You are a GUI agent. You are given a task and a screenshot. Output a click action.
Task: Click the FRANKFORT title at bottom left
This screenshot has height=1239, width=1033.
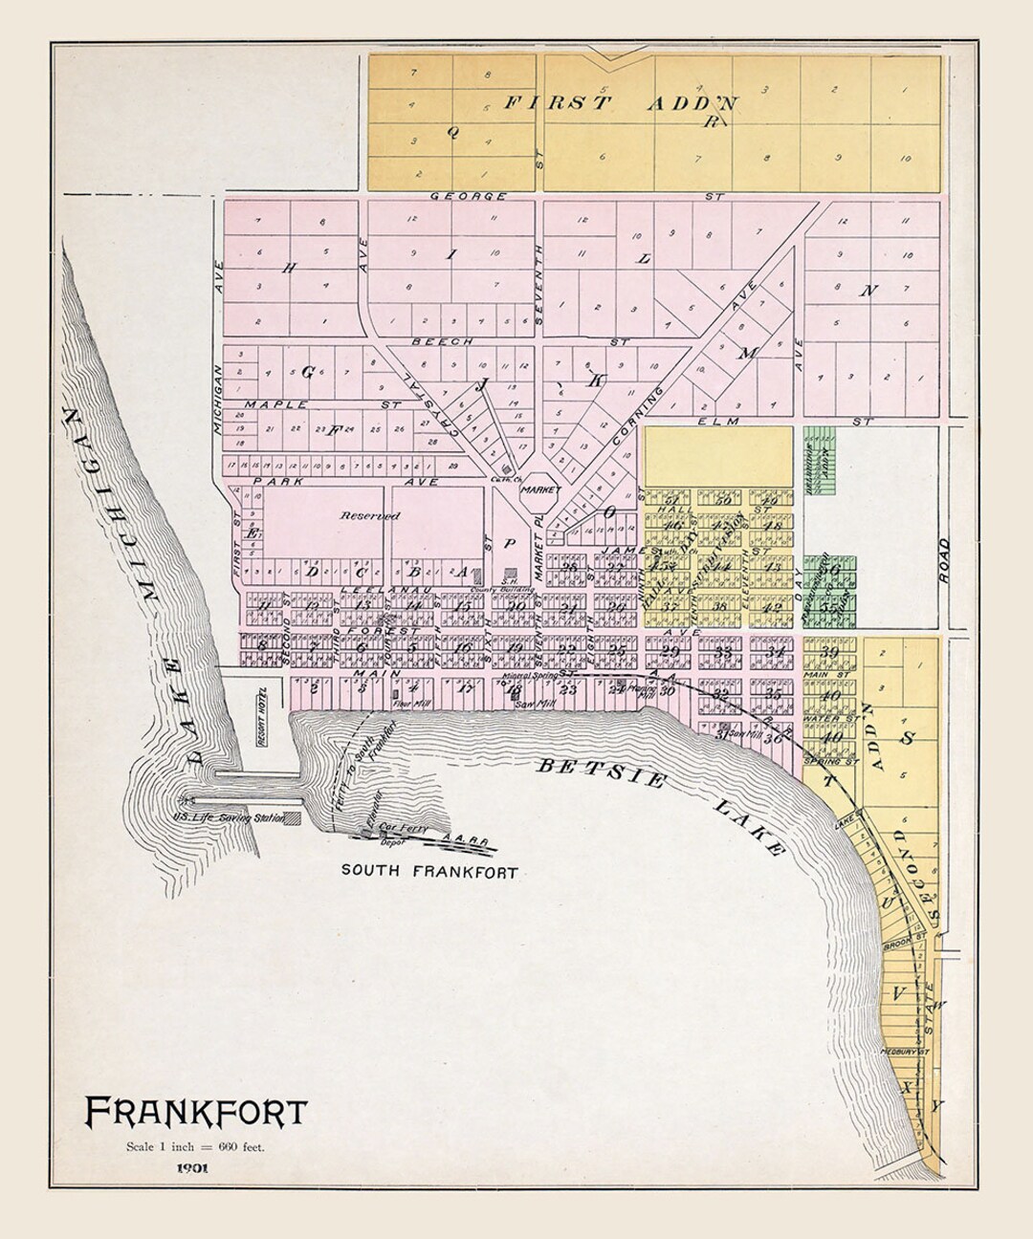[x=196, y=1111]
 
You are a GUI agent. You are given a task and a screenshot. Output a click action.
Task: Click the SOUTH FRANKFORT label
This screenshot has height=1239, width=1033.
[x=429, y=871]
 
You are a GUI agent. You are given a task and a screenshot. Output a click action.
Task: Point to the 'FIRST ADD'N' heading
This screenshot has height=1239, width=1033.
[x=620, y=104]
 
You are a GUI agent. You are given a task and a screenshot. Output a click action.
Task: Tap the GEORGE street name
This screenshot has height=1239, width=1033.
[x=469, y=196]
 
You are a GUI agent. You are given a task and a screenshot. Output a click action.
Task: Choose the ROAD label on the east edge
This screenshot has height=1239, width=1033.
[x=944, y=562]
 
